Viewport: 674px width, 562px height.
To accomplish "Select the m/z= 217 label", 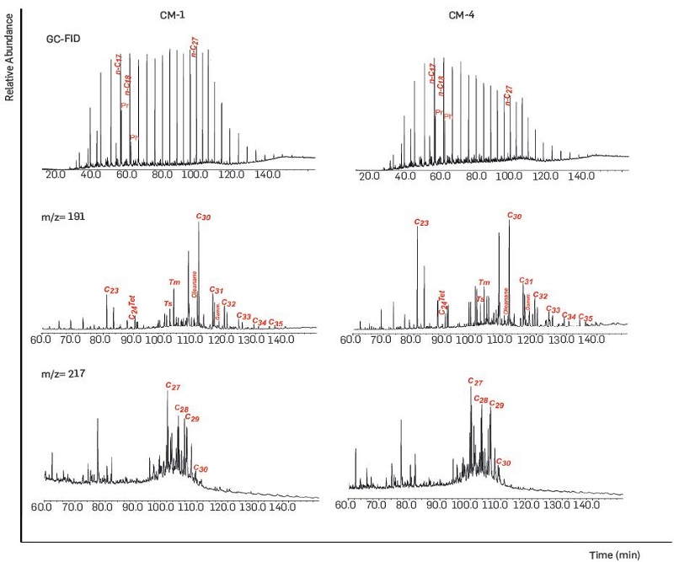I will pyautogui.click(x=67, y=372).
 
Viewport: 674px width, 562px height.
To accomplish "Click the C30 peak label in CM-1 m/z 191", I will pyautogui.click(x=203, y=217).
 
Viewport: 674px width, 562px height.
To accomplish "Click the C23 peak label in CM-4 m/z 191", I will pyautogui.click(x=422, y=222).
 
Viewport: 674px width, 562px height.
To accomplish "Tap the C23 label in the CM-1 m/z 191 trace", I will pyautogui.click(x=110, y=289).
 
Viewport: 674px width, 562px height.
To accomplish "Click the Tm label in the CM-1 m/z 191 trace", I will pyautogui.click(x=174, y=282).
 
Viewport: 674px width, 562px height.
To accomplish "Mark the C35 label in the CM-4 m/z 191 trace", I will pyautogui.click(x=586, y=318).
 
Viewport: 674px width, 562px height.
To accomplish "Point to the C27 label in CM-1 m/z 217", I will pyautogui.click(x=173, y=387).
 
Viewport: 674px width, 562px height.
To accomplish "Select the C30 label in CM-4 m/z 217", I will pyautogui.click(x=504, y=462).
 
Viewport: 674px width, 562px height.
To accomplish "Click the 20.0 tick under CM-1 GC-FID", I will pyautogui.click(x=56, y=175).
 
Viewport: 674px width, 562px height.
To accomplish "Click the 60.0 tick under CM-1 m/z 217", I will pyautogui.click(x=42, y=508).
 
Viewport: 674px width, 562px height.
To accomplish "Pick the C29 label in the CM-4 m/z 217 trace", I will pyautogui.click(x=496, y=405).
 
